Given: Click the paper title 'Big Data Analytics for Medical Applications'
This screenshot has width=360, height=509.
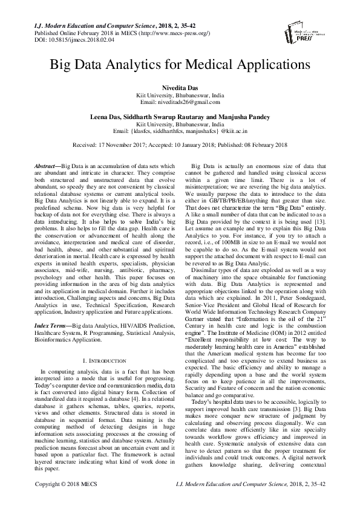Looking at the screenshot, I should coord(180,63).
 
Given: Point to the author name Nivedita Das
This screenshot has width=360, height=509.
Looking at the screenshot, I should coord(180,89).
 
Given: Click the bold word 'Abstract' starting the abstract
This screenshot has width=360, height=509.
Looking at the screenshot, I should coord(47,166).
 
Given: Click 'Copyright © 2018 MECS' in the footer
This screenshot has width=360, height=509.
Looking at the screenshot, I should coord(64,501).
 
